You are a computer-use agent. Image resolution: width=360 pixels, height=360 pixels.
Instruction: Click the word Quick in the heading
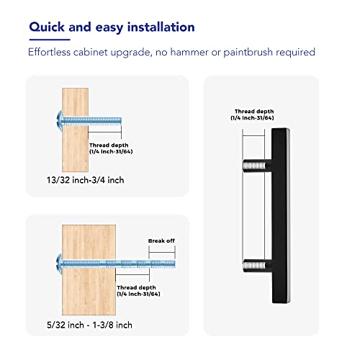pyautogui.click(x=47, y=27)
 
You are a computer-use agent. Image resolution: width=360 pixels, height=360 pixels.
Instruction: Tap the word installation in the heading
pyautogui.click(x=161, y=27)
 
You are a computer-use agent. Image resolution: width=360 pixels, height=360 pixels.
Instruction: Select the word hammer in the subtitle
pyautogui.click(x=189, y=52)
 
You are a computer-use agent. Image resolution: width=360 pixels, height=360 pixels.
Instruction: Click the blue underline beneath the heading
pyautogui.click(x=50, y=40)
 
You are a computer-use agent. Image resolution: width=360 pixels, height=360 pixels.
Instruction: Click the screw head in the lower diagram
pyautogui.click(x=60, y=264)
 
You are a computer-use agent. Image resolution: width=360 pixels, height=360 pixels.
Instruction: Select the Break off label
pyautogui.click(x=161, y=240)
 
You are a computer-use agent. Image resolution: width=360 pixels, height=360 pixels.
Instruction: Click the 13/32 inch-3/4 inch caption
pyautogui.click(x=85, y=180)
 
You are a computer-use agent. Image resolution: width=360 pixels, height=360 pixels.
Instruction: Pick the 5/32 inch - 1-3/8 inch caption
pyautogui.click(x=89, y=325)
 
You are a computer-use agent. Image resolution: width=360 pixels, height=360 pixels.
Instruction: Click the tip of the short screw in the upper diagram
pyautogui.click(x=121, y=121)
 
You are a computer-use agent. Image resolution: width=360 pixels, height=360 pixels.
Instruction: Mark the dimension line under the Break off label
pyautogui.click(x=162, y=252)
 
